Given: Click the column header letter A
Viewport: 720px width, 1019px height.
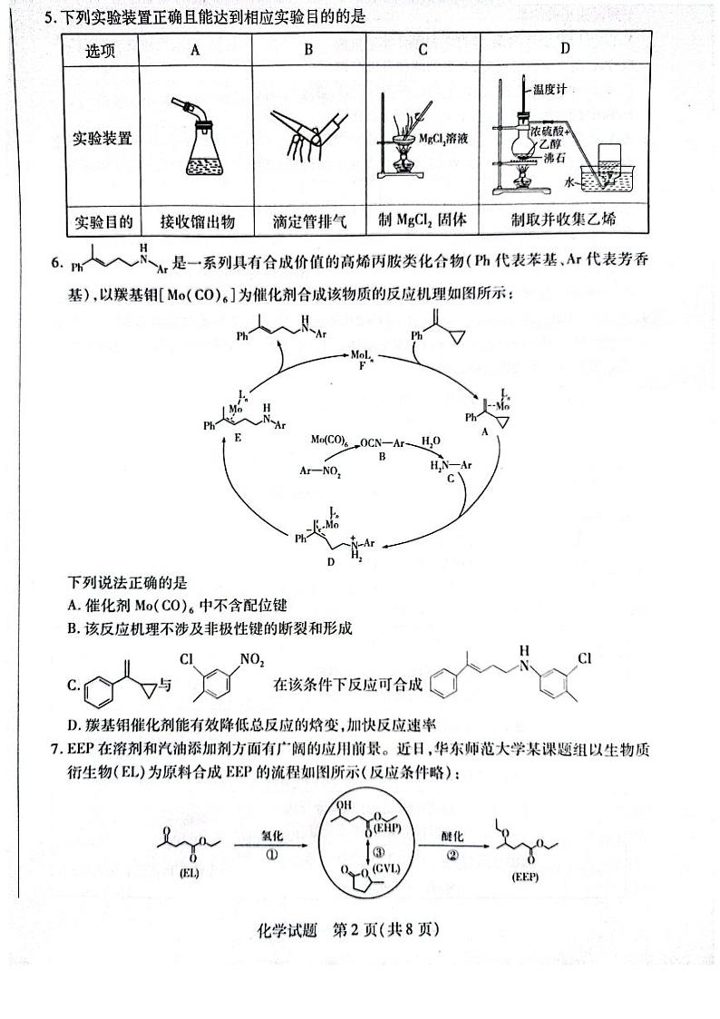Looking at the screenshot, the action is [194, 50].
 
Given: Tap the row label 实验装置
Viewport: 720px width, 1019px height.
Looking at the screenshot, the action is [102, 139].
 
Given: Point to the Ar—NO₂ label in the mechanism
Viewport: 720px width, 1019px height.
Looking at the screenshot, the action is [321, 471].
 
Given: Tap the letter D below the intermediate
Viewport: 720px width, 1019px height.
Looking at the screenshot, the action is [329, 561].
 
